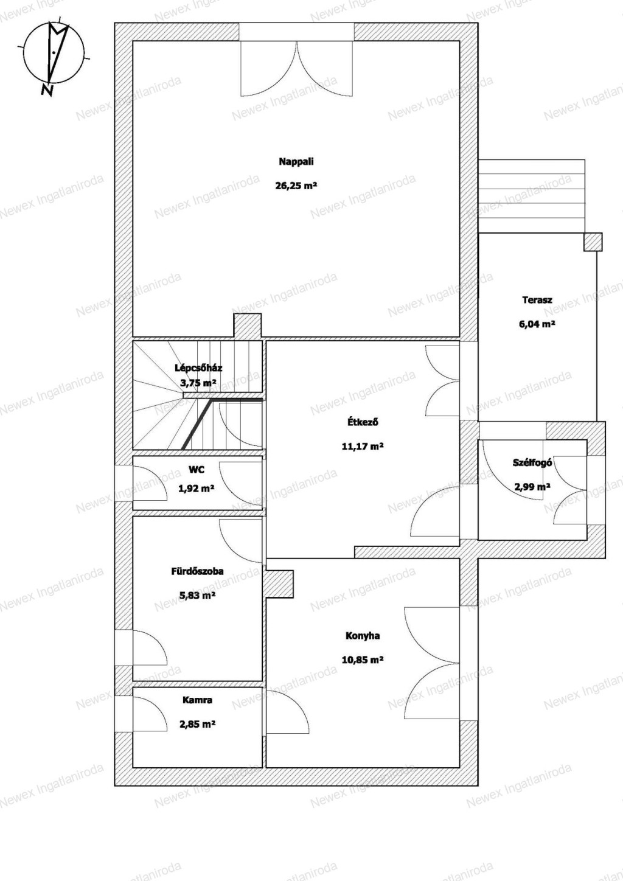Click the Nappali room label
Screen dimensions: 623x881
(296, 162)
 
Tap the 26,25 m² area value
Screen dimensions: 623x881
(296, 186)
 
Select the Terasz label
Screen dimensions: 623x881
(537, 300)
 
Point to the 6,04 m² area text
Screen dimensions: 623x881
(537, 324)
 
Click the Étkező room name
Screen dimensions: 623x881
(363, 422)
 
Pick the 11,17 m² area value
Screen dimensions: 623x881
(363, 447)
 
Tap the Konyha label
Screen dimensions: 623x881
(363, 636)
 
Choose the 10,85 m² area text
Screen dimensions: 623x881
(363, 660)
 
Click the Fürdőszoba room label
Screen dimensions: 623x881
(198, 571)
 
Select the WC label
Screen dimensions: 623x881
(197, 470)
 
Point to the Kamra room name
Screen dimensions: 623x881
(198, 700)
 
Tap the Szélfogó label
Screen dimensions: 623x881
(532, 463)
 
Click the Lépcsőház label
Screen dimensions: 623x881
(198, 368)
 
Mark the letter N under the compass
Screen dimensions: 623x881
(47, 91)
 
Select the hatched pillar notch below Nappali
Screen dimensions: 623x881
(248, 326)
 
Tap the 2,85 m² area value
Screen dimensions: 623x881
(198, 724)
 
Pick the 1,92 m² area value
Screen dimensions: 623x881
(197, 489)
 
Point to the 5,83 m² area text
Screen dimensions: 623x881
(198, 596)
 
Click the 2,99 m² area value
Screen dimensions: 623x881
(532, 487)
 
